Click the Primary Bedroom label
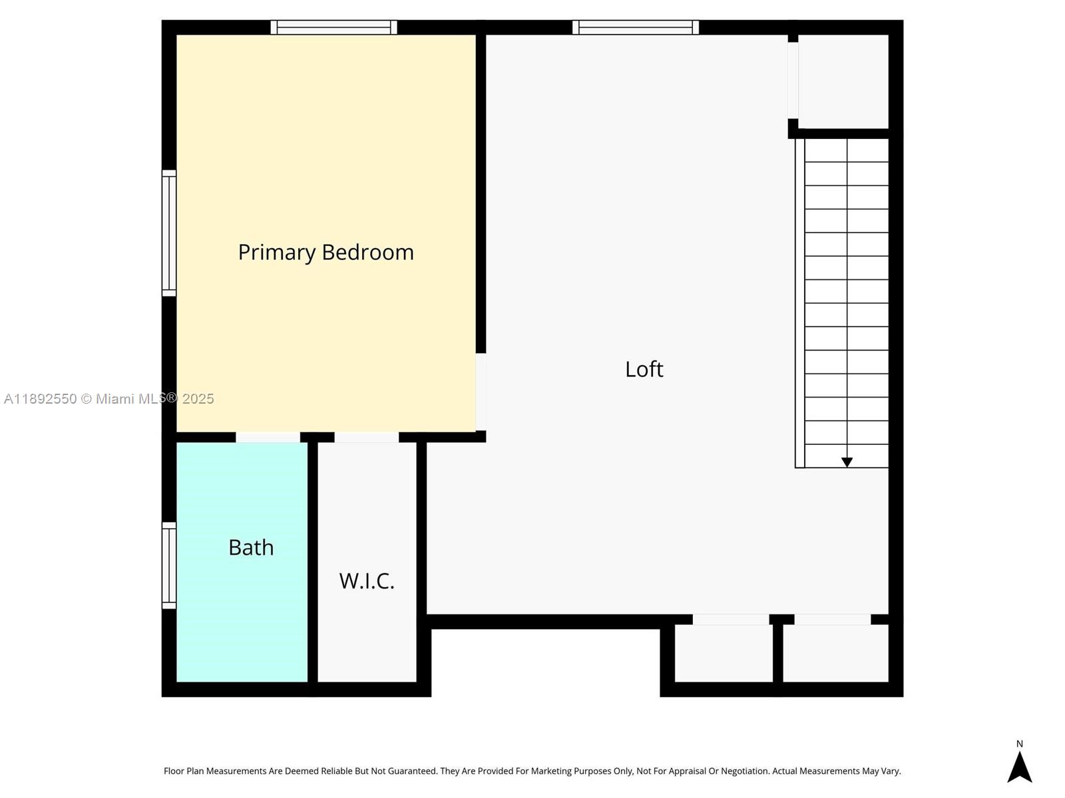coord(325,252)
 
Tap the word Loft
coord(644,369)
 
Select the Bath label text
coord(251,547)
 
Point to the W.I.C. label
coord(367,581)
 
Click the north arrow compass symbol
coord(1019,767)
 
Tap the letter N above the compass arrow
coord(1019,744)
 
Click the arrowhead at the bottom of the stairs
coord(847,462)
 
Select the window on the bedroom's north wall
coord(333,27)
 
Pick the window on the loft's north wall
coord(636,27)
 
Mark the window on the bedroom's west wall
coord(169,233)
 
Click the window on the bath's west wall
coord(169,565)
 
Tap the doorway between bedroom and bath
coord(268,437)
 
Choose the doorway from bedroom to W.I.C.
coord(366,437)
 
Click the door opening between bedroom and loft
coord(481,392)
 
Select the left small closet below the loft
coord(724,653)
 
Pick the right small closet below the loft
coord(835,653)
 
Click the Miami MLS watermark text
coord(109,399)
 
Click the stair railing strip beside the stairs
coord(799,303)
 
